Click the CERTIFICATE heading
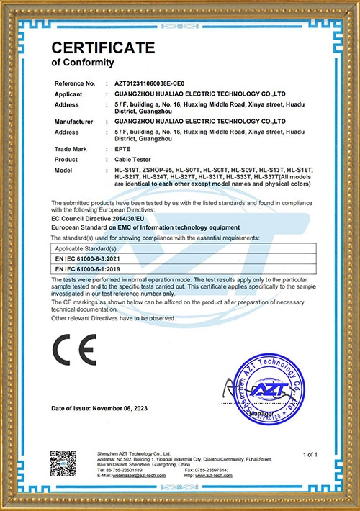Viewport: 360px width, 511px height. click(x=103, y=48)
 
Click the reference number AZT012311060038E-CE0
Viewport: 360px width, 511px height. click(x=155, y=84)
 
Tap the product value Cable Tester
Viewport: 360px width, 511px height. click(x=134, y=159)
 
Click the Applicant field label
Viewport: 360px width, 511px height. click(x=68, y=94)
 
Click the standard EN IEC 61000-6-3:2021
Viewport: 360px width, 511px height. click(x=89, y=257)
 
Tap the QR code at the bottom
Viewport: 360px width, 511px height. click(x=63, y=463)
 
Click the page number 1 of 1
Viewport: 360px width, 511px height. click(x=310, y=454)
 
